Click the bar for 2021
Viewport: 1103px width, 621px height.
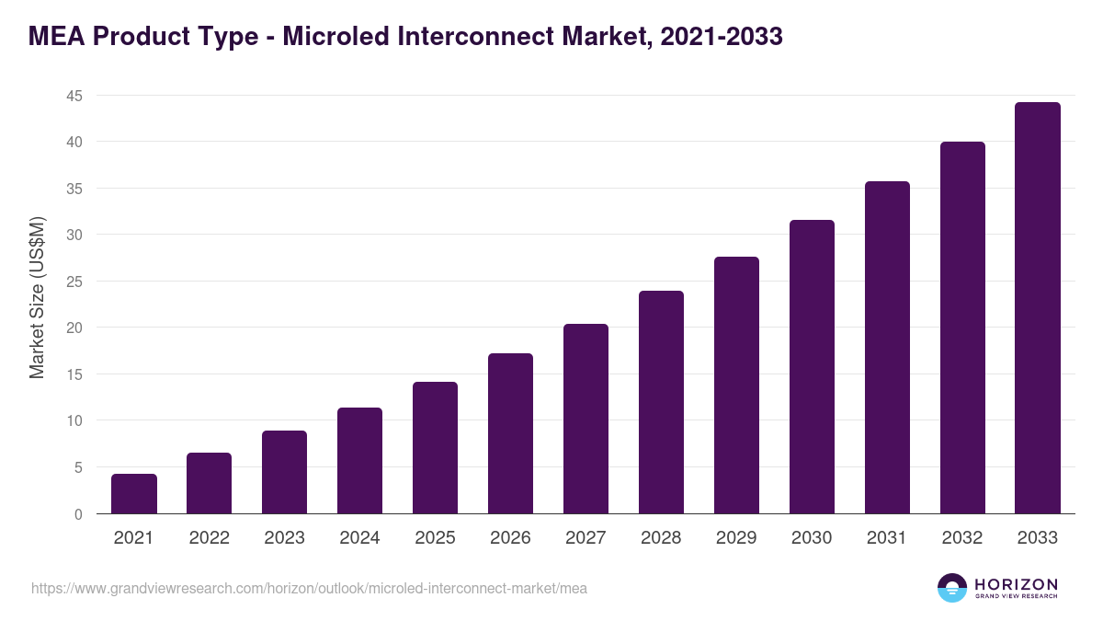pyautogui.click(x=134, y=494)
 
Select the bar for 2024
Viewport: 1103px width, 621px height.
pyautogui.click(x=359, y=461)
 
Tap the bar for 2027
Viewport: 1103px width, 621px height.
pyautogui.click(x=586, y=419)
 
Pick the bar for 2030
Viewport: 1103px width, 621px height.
pyautogui.click(x=812, y=367)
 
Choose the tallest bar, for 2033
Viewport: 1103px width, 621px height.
pyautogui.click(x=1038, y=308)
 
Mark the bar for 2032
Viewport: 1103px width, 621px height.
pyautogui.click(x=962, y=328)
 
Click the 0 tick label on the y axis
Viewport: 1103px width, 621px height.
pyautogui.click(x=78, y=514)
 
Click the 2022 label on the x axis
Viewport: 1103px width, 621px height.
pyautogui.click(x=210, y=538)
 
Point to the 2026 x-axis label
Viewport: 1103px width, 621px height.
pyautogui.click(x=510, y=538)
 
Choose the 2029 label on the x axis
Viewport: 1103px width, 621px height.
pyautogui.click(x=736, y=538)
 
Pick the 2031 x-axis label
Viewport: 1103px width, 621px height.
pyautogui.click(x=887, y=538)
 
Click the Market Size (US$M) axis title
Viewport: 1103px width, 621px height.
pyautogui.click(x=37, y=297)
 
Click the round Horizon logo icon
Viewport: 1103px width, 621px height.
pyautogui.click(x=952, y=588)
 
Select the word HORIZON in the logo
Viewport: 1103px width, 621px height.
pyautogui.click(x=1016, y=584)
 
